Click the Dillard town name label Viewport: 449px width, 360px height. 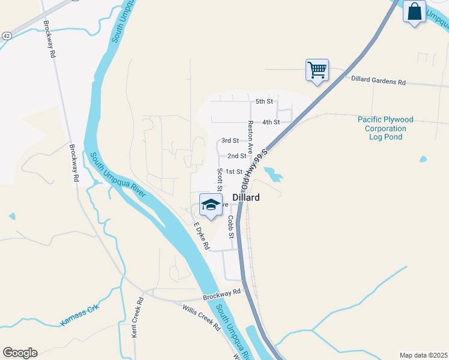pos(246,197)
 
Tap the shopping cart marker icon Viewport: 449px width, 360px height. pos(316,70)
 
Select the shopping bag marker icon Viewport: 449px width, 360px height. pos(414,11)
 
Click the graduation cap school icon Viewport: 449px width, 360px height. pos(211,203)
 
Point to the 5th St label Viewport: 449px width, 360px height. pos(264,102)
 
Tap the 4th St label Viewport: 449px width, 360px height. pos(271,122)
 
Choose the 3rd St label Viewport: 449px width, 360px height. pos(230,141)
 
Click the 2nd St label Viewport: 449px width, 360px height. pos(237,156)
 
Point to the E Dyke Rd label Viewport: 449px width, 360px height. pos(201,236)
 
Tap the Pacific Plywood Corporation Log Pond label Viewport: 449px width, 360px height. pos(385,128)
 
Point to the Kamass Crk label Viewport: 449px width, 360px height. pos(79,316)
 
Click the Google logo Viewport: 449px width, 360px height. pos(20,353)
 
